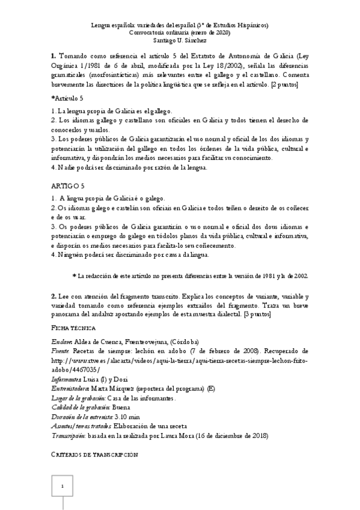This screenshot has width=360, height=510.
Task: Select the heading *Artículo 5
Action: click(68, 97)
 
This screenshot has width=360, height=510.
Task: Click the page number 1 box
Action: click(62, 487)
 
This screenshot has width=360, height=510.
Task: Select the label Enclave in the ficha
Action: click(62, 341)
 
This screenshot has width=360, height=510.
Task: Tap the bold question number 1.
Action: click(54, 55)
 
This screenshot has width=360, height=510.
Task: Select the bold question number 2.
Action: click(54, 297)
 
